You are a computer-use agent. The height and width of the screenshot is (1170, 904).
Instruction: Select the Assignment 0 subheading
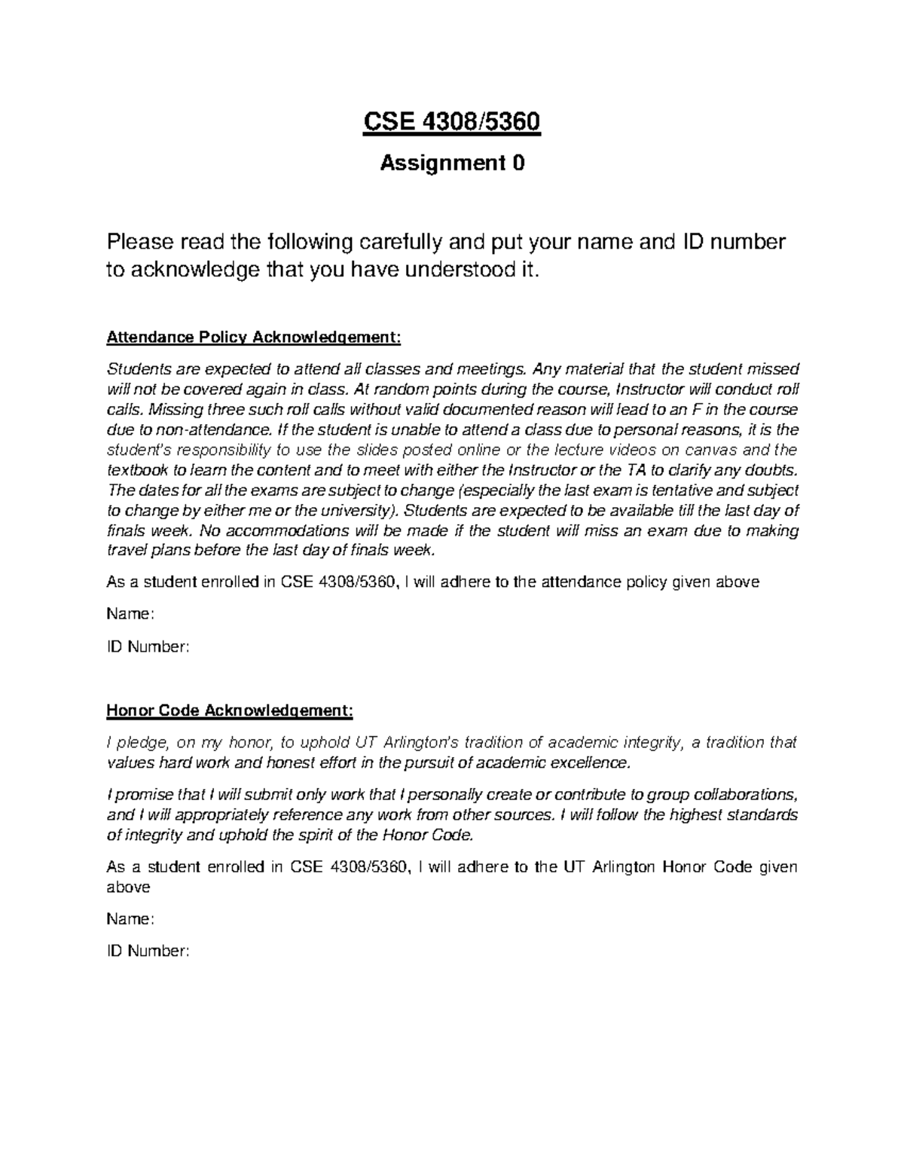coord(452,163)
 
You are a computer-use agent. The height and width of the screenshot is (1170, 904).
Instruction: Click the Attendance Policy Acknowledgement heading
coord(254,337)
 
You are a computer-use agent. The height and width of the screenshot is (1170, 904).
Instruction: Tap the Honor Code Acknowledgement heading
coord(229,710)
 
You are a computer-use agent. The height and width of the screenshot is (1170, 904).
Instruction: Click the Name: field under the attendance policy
coord(130,614)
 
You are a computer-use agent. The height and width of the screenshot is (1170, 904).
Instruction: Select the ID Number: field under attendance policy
coord(148,646)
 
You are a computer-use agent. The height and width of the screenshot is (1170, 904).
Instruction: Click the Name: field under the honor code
coord(130,919)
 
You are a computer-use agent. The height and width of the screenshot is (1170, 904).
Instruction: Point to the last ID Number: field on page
coord(148,952)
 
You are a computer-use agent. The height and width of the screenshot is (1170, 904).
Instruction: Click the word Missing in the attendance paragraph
coord(172,410)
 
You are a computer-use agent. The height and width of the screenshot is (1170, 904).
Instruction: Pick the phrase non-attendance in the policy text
coord(203,430)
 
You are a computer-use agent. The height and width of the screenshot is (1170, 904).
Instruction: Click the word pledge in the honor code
coord(142,744)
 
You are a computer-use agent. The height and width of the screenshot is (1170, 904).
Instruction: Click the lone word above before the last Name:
coord(128,887)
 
